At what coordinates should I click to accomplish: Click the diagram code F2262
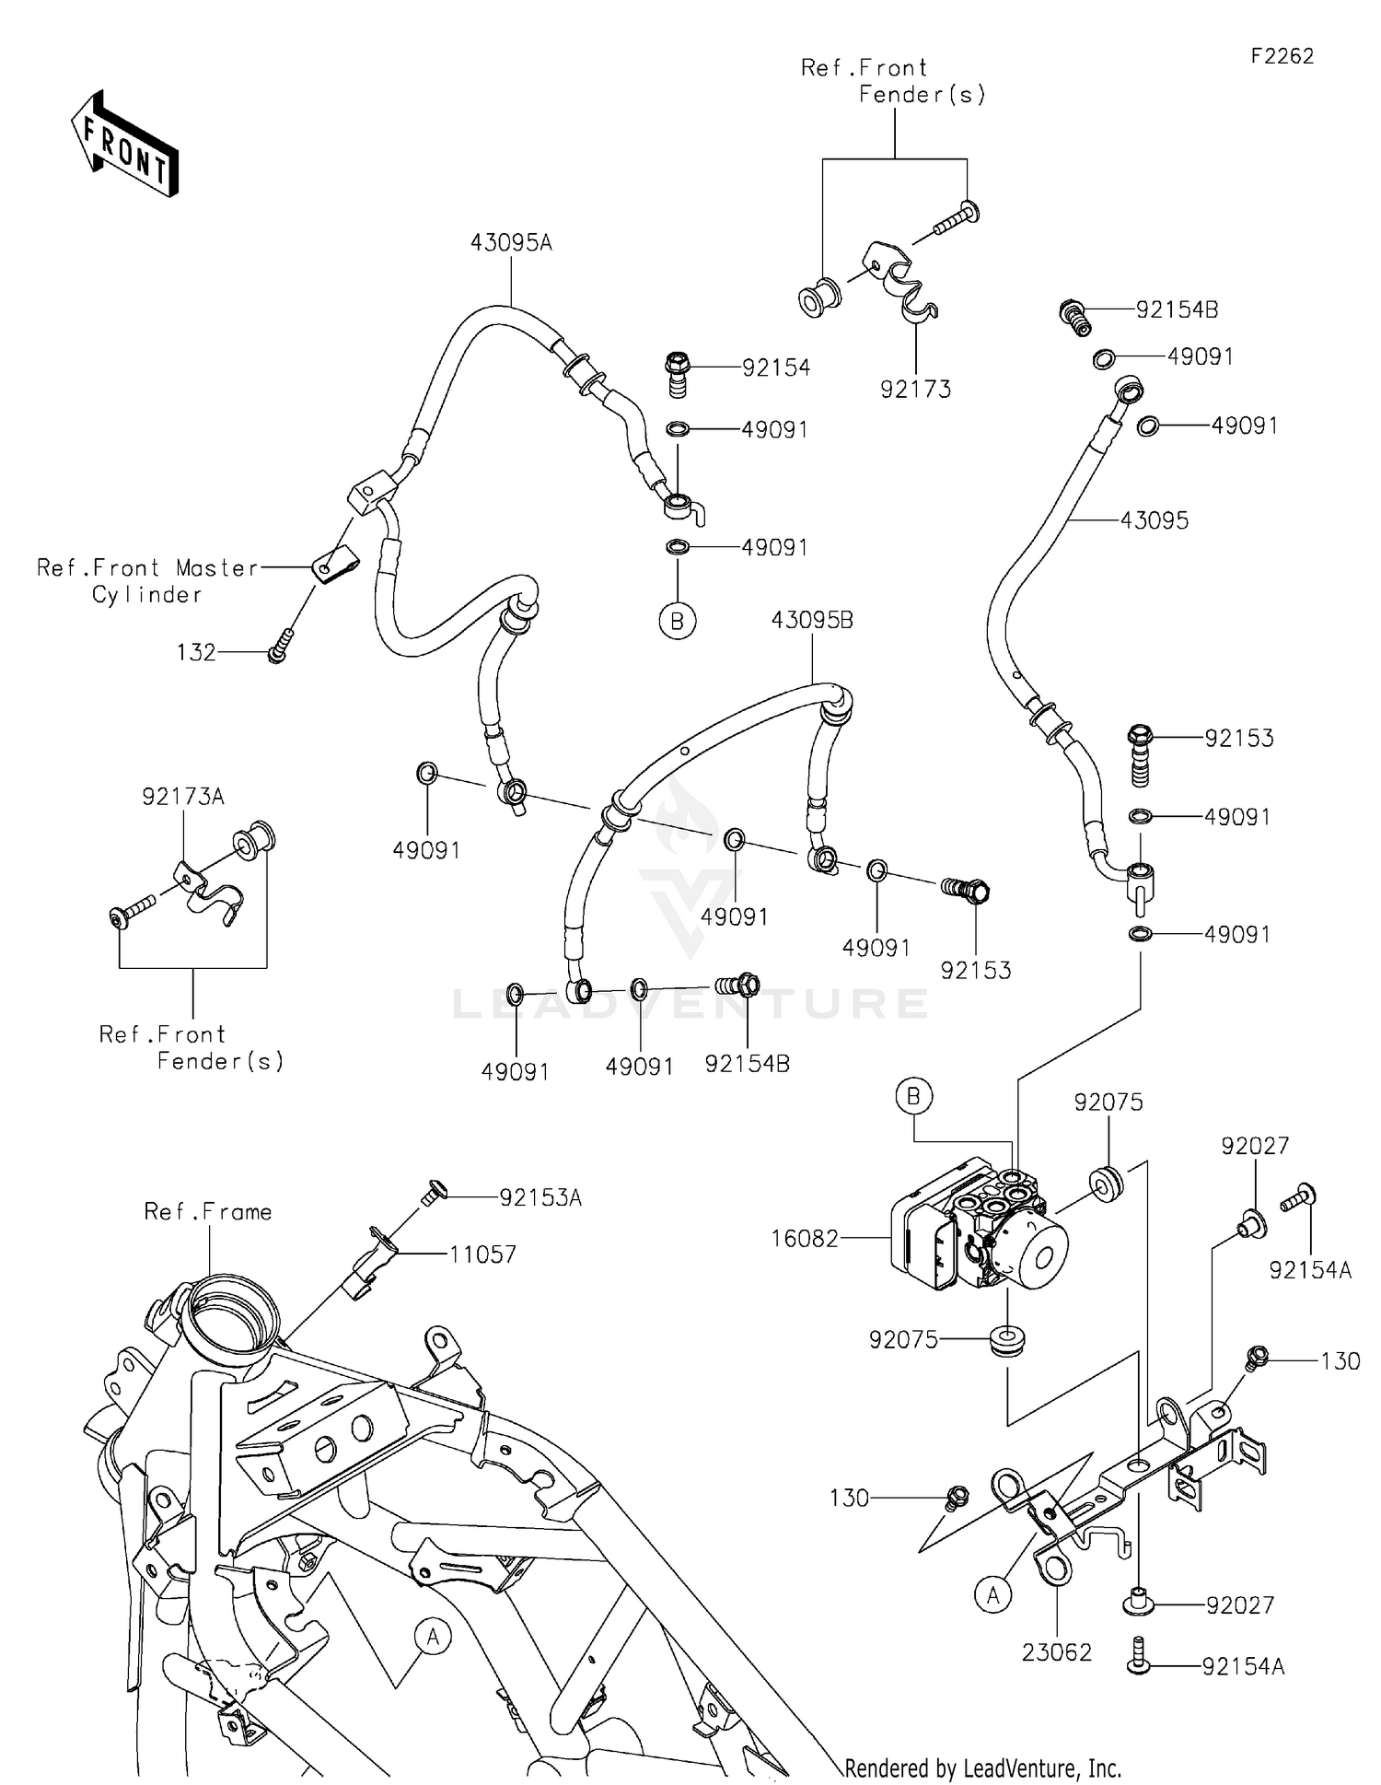pos(1282,56)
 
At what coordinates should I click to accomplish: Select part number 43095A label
pos(511,243)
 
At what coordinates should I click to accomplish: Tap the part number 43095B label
pos(812,621)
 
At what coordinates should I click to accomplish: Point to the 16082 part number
pos(805,1239)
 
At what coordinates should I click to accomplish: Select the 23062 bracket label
pos(1056,1652)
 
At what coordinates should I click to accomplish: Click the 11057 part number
pos(482,1254)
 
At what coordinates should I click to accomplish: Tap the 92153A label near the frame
pos(540,1197)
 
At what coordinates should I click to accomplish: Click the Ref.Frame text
pos(208,1212)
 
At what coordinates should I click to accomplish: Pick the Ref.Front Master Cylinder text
pos(147,581)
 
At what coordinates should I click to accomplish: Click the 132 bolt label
pos(196,653)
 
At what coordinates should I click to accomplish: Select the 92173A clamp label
pos(183,797)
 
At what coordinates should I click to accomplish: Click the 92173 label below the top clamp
pos(915,390)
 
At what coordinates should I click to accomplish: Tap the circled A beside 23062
pos(992,1594)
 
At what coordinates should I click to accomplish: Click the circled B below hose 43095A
pos(678,622)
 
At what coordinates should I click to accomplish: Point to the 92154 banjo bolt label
pos(776,367)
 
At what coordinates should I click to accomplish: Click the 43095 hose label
pos(1154,520)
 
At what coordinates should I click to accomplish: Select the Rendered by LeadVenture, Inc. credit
pos(982,1768)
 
